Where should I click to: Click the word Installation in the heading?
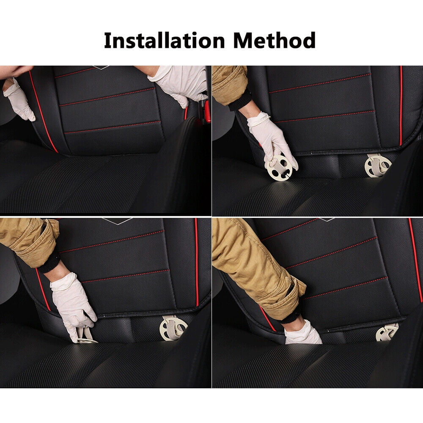pyautogui.click(x=164, y=40)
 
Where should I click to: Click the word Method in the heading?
pyautogui.click(x=275, y=40)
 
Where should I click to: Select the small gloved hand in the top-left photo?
pyautogui.click(x=19, y=99)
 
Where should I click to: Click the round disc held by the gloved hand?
pyautogui.click(x=280, y=168)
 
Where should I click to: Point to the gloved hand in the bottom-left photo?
pyautogui.click(x=72, y=306)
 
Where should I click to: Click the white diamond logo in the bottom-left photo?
pyautogui.click(x=117, y=221)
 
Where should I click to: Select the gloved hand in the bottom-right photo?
pyautogui.click(x=303, y=333)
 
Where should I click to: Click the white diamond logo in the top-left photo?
pyautogui.click(x=101, y=67)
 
